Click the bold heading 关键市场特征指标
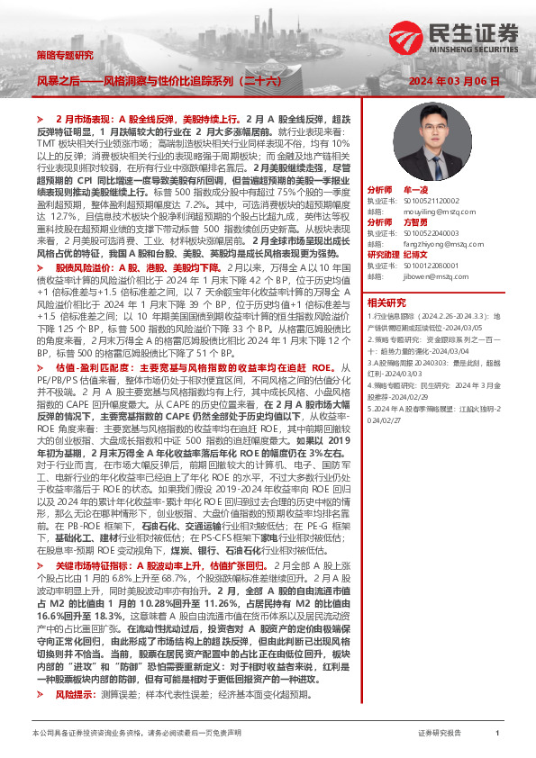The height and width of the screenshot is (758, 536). coord(93,560)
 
